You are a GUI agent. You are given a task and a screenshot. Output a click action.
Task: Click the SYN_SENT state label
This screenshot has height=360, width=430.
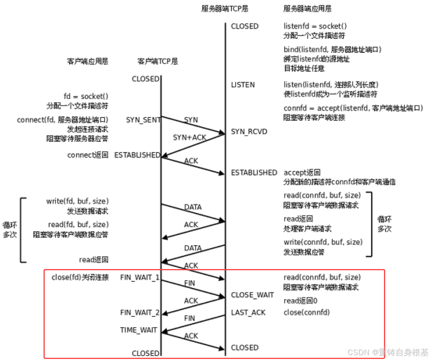143,120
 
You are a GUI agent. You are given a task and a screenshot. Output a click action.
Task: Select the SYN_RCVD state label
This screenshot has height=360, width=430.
249,131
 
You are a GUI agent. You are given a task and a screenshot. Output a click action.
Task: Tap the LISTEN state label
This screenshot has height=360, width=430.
243,85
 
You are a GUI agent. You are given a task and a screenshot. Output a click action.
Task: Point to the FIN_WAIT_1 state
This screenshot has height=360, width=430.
140,277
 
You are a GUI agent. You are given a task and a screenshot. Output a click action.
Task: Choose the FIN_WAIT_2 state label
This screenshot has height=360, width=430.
140,312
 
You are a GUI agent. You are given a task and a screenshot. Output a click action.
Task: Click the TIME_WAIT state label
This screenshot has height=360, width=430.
138,330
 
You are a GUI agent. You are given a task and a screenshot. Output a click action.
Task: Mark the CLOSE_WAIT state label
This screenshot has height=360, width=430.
252,295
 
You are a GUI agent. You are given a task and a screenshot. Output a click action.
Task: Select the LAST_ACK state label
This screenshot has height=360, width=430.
248,312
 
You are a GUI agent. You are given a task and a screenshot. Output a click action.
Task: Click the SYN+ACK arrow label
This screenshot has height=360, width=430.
190,137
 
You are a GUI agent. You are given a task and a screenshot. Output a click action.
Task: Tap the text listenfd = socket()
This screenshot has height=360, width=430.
315,26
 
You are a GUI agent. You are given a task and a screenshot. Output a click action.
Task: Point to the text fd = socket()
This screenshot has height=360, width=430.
86,96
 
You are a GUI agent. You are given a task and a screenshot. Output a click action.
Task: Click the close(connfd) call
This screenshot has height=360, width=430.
307,312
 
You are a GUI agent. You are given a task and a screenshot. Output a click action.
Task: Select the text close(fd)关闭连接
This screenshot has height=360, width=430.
80,277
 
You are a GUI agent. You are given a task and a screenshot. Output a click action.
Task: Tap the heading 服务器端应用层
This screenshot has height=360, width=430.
307,9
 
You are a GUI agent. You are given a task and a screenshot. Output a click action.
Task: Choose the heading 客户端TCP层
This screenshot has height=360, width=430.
158,61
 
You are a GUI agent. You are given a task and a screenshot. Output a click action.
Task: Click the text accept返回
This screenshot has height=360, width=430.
302,173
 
